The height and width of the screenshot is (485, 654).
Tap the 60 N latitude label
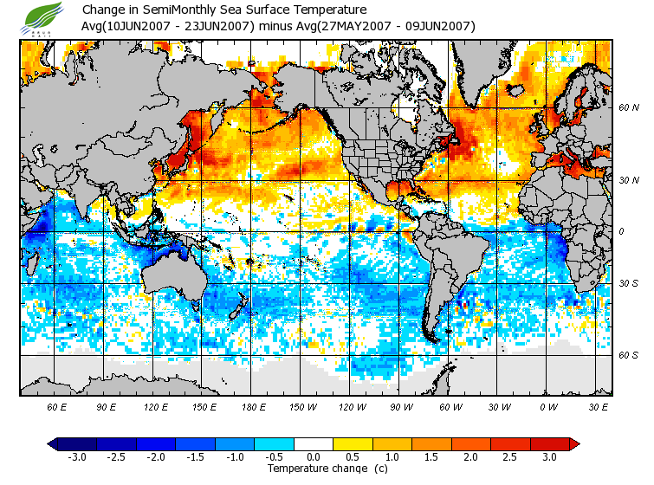point(628,108)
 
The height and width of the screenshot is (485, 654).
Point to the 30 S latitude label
point(628,284)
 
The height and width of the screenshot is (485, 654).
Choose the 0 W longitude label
point(547,407)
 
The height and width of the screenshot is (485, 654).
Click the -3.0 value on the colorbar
point(77,457)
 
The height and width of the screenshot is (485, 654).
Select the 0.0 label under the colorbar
point(313,457)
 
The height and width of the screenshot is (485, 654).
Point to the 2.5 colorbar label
point(510,457)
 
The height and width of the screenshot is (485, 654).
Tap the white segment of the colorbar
point(313,444)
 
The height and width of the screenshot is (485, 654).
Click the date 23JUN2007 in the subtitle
point(219,26)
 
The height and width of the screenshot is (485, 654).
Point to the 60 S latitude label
point(628,355)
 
